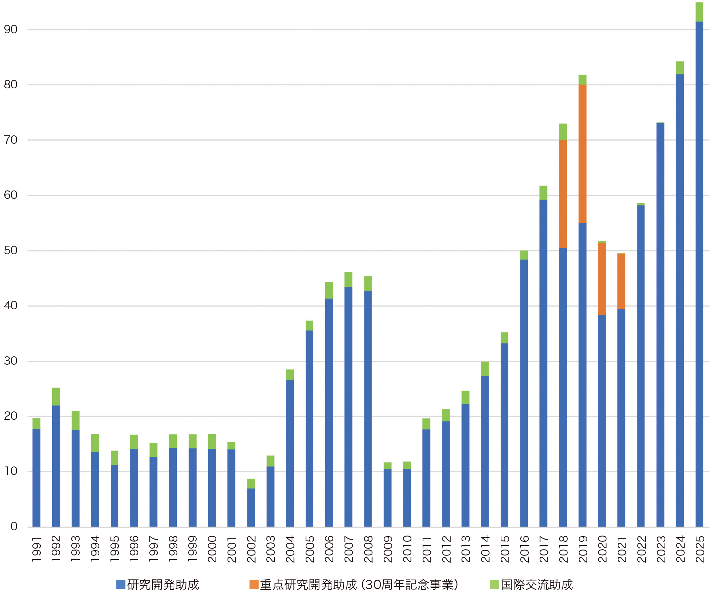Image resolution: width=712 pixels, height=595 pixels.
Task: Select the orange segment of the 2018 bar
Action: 563,194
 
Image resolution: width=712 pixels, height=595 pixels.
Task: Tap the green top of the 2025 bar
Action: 699,12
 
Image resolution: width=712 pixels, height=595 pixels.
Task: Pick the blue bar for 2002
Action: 251,507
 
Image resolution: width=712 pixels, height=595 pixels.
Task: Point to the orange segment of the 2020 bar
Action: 602,279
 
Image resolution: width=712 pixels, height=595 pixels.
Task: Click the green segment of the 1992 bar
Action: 56,396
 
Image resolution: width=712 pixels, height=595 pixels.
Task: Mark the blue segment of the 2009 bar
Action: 387,497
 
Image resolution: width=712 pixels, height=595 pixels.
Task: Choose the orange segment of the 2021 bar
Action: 621,281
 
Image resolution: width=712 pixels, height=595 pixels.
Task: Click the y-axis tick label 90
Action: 11,30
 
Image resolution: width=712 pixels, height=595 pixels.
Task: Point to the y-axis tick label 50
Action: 11,251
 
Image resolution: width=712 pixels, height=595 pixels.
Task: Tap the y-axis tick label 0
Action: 14,526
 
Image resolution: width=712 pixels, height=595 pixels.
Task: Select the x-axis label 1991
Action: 37,549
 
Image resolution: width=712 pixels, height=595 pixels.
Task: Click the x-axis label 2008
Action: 368,549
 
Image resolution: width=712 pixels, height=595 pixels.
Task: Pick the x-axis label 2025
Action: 700,549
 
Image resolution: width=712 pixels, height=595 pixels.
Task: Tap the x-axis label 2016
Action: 524,549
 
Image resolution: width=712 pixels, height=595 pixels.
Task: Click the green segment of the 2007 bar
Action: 348,279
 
